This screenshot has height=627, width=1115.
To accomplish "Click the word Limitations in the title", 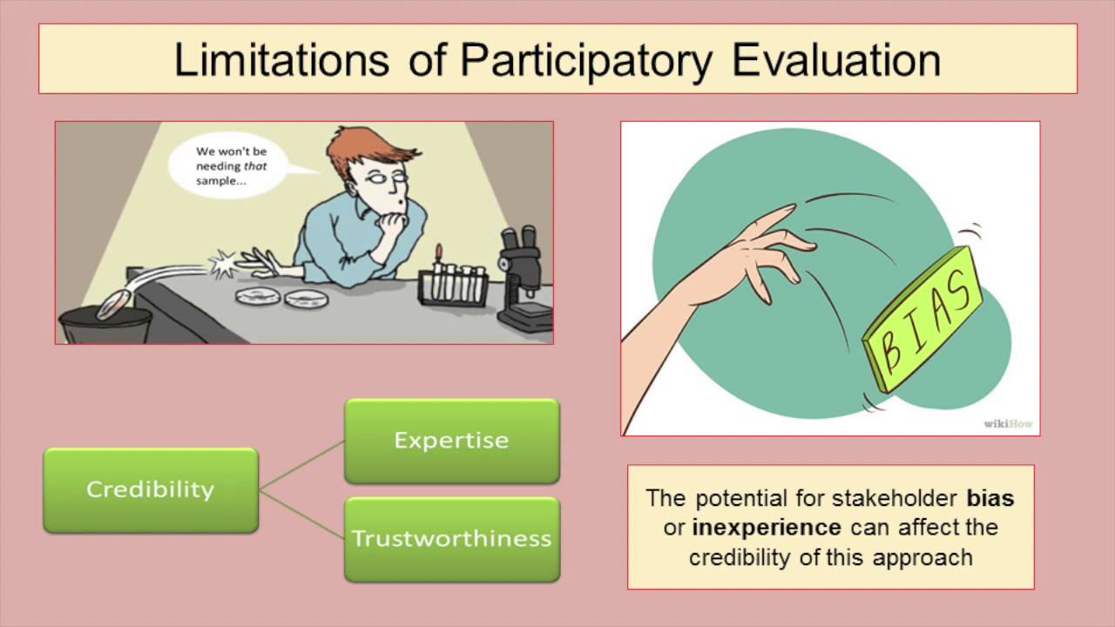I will coord(280,60).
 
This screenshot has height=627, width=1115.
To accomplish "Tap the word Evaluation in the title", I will coord(836,60).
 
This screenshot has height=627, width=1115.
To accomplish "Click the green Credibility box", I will coord(151,489).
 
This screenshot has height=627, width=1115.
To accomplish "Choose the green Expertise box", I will coord(451,441).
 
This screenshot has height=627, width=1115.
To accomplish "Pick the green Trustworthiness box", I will coord(451,539).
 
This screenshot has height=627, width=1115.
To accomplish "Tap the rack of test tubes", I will coord(450,283).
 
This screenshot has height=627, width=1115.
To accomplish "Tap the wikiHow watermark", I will coord(1008,424).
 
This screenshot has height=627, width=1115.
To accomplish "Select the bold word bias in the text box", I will coord(990,499).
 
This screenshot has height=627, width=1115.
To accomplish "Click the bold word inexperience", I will coord(766,528).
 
